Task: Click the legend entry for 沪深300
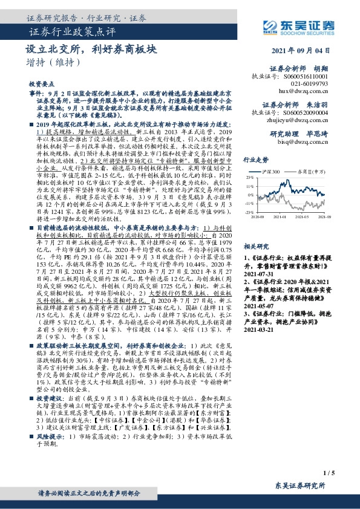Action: (x=276, y=172)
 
